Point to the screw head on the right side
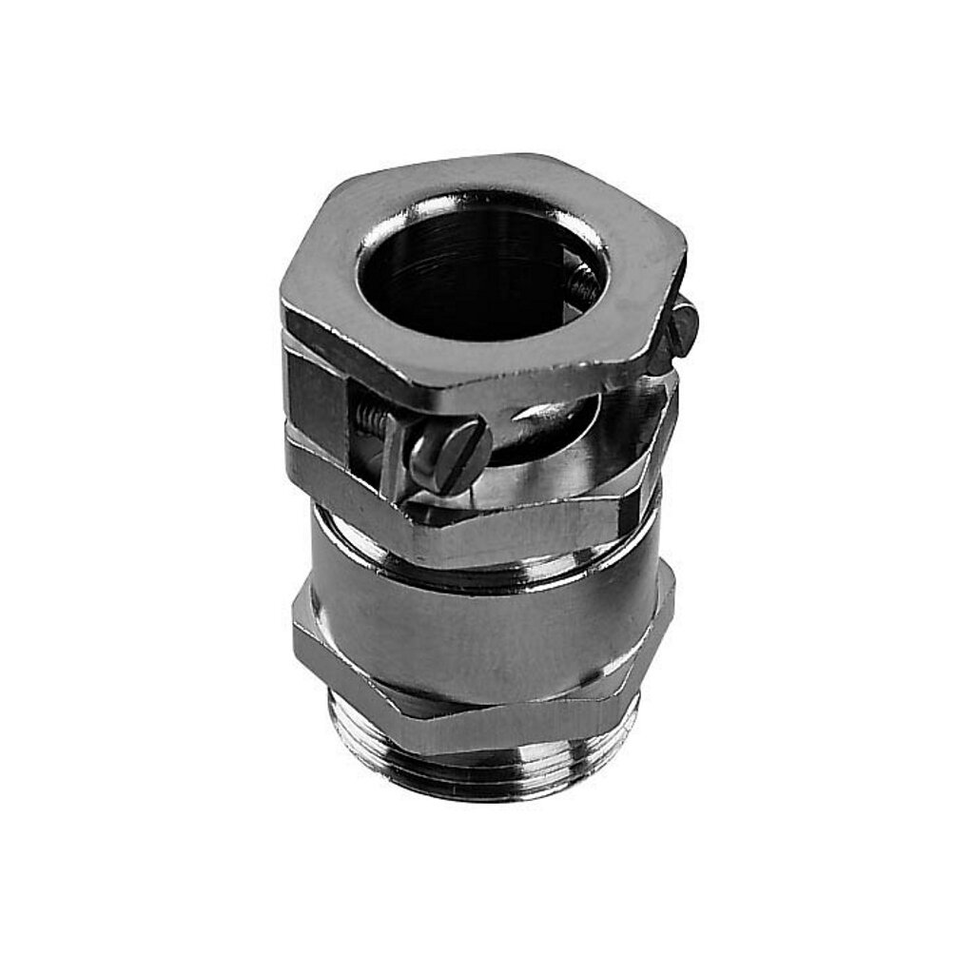pos(683,327)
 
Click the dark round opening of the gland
pos(476,276)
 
